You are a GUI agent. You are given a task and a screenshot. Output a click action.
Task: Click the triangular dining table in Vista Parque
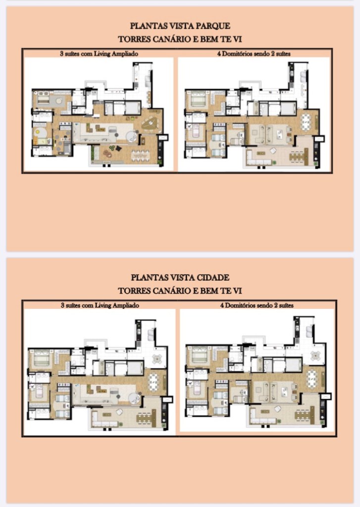pyautogui.click(x=150, y=123)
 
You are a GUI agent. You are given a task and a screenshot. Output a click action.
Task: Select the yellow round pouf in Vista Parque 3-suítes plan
pyautogui.click(x=39, y=132)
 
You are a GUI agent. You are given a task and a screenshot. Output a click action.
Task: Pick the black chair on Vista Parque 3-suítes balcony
pyautogui.click(x=119, y=148)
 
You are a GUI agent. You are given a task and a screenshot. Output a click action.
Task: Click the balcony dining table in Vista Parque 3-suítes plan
pyautogui.click(x=140, y=155)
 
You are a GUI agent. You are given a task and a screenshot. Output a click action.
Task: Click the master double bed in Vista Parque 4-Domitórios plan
pyautogui.click(x=198, y=99)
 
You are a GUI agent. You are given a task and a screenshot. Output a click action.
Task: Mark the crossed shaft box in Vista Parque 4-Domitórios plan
pyautogui.click(x=319, y=139)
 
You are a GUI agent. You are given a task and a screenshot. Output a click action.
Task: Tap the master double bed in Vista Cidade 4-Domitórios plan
pyautogui.click(x=199, y=355)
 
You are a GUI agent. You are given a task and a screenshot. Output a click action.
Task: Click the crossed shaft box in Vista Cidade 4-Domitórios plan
pyautogui.click(x=325, y=396)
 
